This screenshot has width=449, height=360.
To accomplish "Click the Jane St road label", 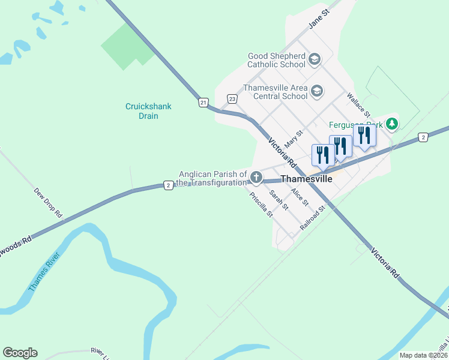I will pos(320,19).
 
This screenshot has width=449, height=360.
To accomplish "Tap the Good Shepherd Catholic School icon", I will pos(315,59).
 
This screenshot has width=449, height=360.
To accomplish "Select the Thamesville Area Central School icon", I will pos(317,92).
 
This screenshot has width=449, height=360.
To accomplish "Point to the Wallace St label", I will pos(358,104).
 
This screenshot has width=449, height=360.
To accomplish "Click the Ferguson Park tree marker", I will pos(392,124).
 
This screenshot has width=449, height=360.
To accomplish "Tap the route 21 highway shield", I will pos(203,103).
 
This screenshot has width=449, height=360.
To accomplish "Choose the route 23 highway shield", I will pos(232,98).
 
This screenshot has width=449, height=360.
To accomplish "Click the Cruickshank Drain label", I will pos(148,111).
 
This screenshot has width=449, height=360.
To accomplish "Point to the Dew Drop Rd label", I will pos(48,202).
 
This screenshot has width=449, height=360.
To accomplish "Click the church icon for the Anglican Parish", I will pos(256,177).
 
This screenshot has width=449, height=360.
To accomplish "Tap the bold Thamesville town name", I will pos(306,179).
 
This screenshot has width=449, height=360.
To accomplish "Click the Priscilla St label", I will pos(261,204).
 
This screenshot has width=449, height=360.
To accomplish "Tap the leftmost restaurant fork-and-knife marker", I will pos(322,155).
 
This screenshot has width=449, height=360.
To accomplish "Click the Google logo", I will pos(20,353).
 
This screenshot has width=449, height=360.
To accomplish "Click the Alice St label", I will pos(299,197).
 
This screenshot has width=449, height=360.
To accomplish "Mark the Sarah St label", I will pos(279,200).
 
